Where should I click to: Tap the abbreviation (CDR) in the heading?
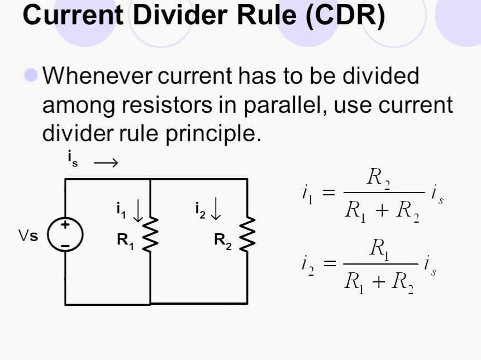point(345,16)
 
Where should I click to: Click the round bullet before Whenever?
point(31,75)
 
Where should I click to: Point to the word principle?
point(213,134)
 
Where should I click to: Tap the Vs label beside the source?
point(28,236)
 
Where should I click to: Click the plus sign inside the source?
point(65,224)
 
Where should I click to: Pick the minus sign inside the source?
point(65,246)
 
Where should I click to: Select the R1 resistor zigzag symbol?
point(150,235)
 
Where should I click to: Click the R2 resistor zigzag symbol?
point(247,234)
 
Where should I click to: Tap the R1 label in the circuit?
point(126,242)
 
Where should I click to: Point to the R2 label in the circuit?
point(223,242)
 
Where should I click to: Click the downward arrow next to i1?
point(138,210)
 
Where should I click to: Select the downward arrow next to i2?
point(216,208)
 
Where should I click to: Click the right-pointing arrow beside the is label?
point(106,162)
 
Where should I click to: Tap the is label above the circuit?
point(73,159)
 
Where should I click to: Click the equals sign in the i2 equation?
point(330,263)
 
